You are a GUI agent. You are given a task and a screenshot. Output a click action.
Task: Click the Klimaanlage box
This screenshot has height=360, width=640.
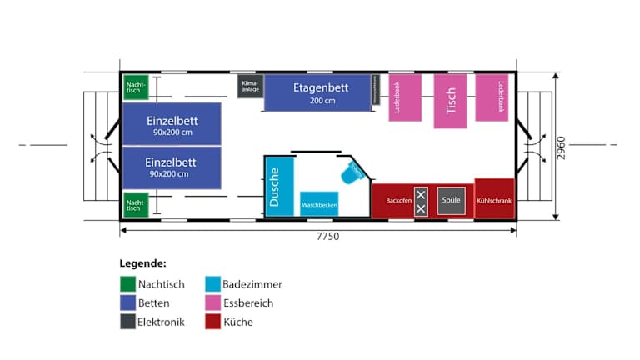pos(250,86)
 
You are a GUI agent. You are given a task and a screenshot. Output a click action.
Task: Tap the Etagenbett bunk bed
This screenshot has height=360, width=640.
pos(317,92)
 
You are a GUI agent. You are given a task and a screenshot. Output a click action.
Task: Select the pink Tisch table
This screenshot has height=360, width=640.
pos(450,101)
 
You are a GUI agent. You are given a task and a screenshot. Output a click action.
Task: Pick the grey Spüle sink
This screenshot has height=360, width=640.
pos(452,200)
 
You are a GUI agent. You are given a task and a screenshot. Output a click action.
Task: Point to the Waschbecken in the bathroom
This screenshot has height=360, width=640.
pos(319,202)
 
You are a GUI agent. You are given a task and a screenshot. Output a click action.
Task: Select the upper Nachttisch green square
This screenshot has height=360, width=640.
pos(136,87)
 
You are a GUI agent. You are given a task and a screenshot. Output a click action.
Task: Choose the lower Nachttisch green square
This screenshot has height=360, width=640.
pos(136,204)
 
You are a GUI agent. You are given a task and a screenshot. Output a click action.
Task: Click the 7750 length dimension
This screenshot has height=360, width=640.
pos(327,237)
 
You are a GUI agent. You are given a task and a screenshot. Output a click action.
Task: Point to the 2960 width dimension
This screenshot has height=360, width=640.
pos(562,147)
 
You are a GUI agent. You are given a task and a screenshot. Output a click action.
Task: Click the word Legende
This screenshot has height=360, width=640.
pos(142,263)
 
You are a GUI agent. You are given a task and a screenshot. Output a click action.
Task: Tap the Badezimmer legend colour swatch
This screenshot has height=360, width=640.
pos(212,285)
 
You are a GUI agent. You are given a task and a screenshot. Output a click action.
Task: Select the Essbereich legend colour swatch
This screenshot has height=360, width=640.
pos(212,303)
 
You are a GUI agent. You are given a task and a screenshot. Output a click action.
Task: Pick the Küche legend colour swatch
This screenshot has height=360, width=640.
pos(212,322)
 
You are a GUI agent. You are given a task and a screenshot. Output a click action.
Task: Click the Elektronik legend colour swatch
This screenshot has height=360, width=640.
pos(127,322)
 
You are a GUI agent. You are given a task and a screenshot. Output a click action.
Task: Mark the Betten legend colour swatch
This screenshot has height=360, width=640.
pos(127,303)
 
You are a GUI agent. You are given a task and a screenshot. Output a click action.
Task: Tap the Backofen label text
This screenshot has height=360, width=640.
pos(399,201)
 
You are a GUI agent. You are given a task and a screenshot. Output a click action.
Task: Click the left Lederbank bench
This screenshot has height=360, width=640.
pos(405,97)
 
